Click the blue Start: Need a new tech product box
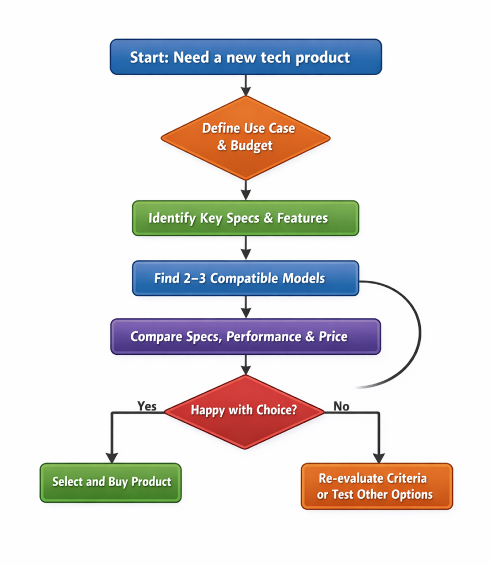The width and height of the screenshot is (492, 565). [245, 57]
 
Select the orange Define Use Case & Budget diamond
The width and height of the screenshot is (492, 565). [245, 137]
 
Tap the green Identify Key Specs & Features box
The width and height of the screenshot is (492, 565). [245, 217]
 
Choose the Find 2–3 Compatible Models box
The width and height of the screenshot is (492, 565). [245, 278]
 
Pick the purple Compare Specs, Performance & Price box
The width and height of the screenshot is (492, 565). [245, 336]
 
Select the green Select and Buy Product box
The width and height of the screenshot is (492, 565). [111, 482]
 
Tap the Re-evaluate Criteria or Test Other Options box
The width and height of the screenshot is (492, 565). [377, 486]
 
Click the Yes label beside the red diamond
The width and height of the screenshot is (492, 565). [147, 407]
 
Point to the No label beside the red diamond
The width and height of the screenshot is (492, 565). [341, 407]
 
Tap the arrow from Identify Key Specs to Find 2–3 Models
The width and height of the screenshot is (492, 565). [246, 247]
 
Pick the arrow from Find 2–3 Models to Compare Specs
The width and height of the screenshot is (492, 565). [246, 306]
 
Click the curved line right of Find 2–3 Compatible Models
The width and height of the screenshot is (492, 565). [419, 331]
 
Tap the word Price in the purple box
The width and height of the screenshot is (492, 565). [333, 337]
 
